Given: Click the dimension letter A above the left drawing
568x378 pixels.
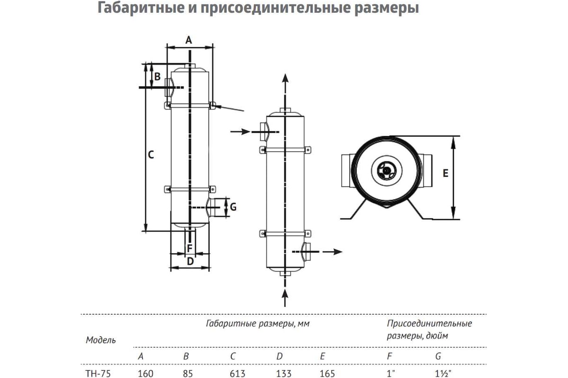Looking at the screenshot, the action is pyautogui.click(x=189, y=40).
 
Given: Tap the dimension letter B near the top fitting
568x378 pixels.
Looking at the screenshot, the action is pyautogui.click(x=157, y=77).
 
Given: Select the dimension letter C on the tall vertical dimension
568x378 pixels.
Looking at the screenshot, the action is pyautogui.click(x=151, y=155).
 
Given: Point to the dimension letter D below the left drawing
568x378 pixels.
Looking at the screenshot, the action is pyautogui.click(x=190, y=261).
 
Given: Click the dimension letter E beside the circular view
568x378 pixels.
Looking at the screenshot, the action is pyautogui.click(x=445, y=173).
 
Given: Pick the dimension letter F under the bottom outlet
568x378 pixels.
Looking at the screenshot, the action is pyautogui.click(x=190, y=249).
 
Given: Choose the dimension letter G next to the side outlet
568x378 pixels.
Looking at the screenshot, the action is pyautogui.click(x=233, y=207).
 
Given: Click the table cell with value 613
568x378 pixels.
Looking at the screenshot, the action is pyautogui.click(x=238, y=374).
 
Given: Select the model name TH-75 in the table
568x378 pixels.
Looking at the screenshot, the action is pyautogui.click(x=98, y=374).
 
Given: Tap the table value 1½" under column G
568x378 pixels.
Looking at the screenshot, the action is pyautogui.click(x=444, y=374).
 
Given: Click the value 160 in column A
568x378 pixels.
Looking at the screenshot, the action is pyautogui.click(x=146, y=374).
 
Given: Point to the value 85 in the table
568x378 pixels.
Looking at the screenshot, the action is pyautogui.click(x=188, y=374).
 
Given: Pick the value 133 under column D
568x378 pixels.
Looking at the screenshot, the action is pyautogui.click(x=284, y=374).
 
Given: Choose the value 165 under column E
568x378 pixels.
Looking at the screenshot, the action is pyautogui.click(x=328, y=374).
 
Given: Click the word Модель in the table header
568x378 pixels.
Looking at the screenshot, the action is pyautogui.click(x=101, y=340).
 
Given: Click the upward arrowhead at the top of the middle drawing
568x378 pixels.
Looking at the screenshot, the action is pyautogui.click(x=285, y=78).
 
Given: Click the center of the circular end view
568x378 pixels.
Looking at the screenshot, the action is pyautogui.click(x=386, y=171).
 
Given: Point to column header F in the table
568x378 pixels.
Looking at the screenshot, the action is pyautogui.click(x=390, y=356).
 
